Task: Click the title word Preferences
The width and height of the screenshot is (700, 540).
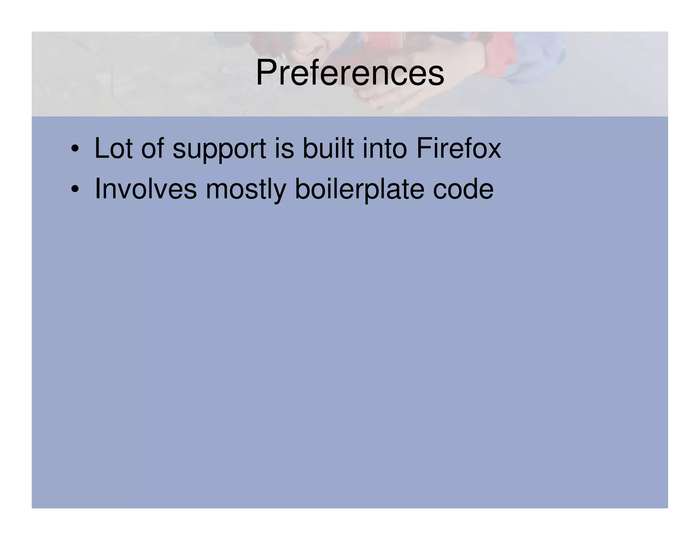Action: point(350,73)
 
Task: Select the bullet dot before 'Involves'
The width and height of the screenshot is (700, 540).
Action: point(75,189)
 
